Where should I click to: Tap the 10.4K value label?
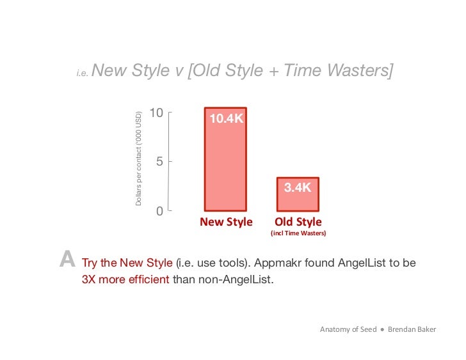225,119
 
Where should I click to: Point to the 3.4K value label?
298,187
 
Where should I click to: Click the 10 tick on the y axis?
156,113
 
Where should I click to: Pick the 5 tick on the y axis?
159,162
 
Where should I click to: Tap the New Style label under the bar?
226,222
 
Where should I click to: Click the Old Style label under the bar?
298,222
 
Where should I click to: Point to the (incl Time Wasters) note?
298,234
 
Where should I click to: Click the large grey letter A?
67,260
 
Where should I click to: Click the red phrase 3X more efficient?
125,279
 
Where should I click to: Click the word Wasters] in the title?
362,71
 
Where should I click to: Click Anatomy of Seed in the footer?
348,329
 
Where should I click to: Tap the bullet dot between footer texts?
382,329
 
